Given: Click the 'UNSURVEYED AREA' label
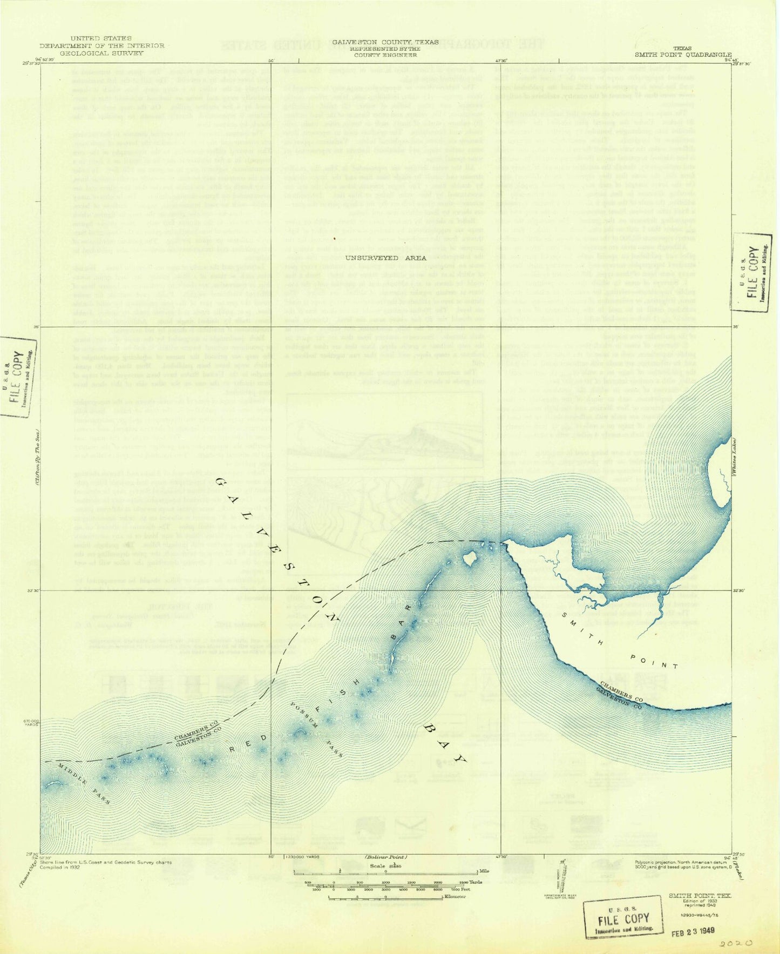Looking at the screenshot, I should click(385, 258).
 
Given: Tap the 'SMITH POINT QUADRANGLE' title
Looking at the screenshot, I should click(683, 55).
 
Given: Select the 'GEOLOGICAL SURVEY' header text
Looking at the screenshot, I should click(101, 53).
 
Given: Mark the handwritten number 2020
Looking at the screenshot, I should click(736, 942).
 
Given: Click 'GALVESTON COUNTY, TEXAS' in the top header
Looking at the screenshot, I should click(385, 42).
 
